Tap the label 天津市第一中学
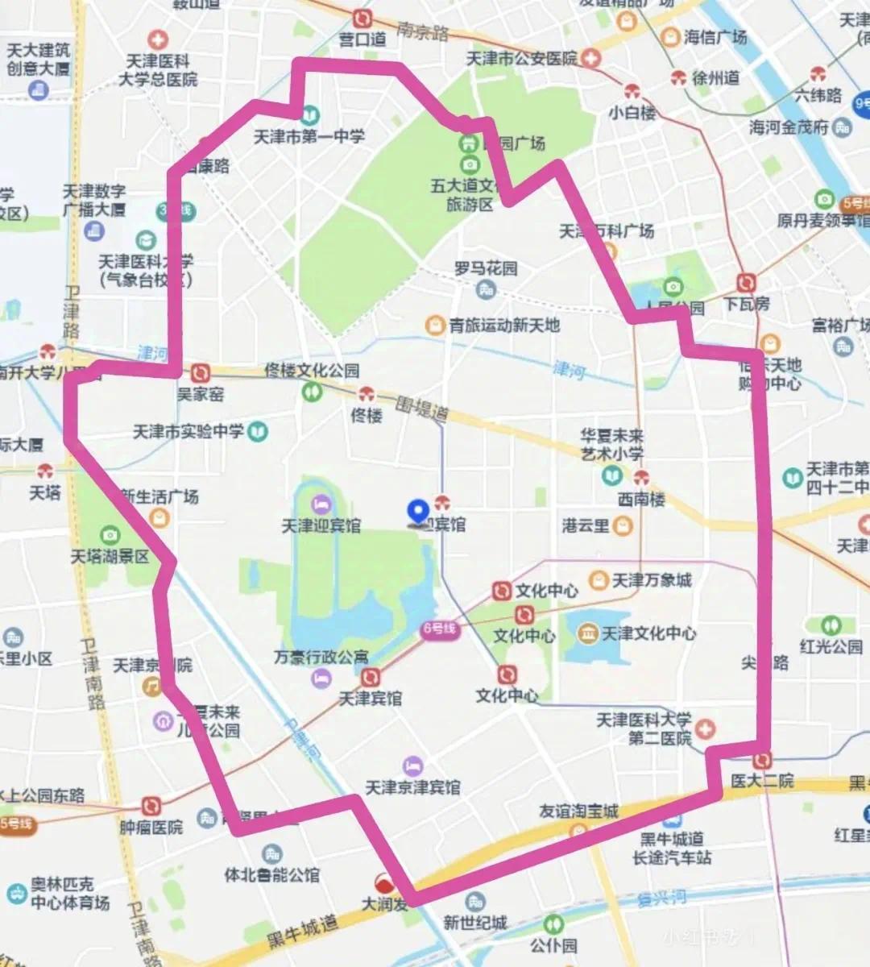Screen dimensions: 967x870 [x=309, y=137]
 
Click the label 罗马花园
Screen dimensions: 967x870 [x=486, y=268]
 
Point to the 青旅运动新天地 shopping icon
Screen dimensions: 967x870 [x=436, y=325]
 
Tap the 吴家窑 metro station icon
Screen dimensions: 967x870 [x=201, y=373]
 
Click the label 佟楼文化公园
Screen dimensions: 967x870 [x=312, y=371]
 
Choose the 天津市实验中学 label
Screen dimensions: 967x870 [x=188, y=432]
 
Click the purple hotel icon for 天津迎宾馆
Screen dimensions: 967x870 [x=321, y=504]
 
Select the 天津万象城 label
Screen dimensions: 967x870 [x=652, y=580]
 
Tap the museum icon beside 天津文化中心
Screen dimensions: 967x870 [x=588, y=633]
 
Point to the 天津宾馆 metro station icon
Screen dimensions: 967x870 [x=371, y=677]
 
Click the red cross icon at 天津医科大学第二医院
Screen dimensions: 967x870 [x=705, y=729]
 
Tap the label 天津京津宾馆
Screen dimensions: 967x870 [x=412, y=786]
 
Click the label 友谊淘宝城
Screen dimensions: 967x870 [x=578, y=811]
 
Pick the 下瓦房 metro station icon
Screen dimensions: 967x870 [x=747, y=283]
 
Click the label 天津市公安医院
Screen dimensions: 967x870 [x=522, y=59]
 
